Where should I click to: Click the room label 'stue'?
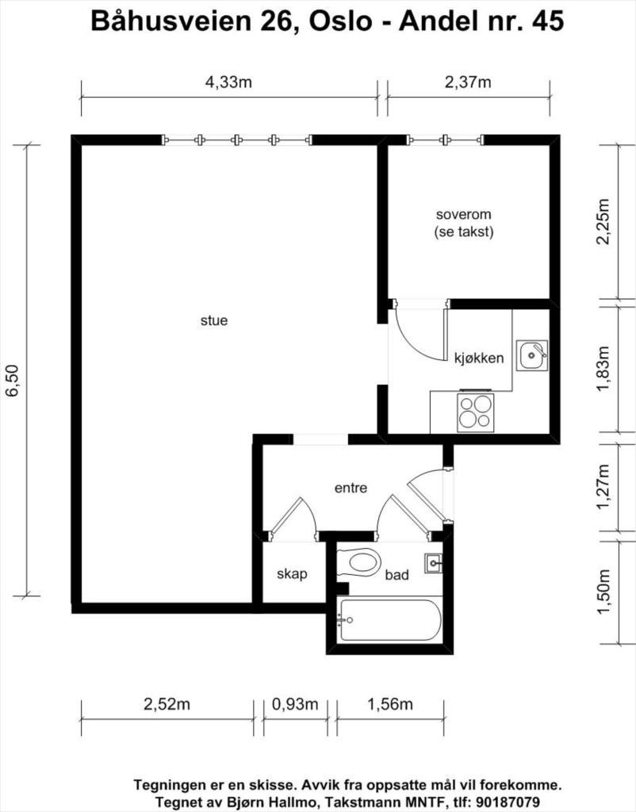point(214,321)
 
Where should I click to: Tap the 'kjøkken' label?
point(479,358)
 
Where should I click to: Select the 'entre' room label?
point(351,488)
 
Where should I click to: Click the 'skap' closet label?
point(291,574)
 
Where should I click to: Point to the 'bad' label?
point(397,575)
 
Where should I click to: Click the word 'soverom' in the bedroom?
point(464,215)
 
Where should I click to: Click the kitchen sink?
point(532,355)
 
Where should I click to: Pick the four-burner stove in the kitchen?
point(475,412)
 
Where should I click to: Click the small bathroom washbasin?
point(434,563)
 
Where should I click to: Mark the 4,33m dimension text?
point(228,82)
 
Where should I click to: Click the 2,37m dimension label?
point(468,82)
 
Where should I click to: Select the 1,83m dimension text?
point(603,370)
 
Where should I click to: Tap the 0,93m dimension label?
point(294,704)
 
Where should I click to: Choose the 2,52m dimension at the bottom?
point(167,704)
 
